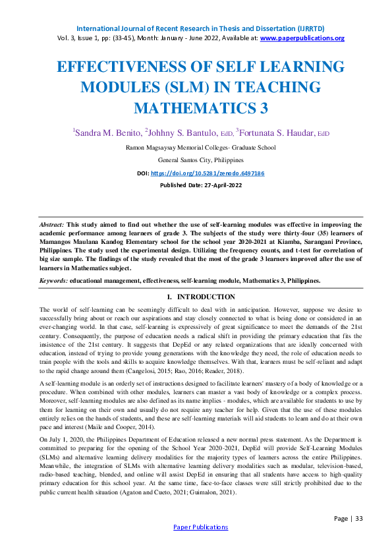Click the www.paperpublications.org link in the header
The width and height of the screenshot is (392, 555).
(302, 38)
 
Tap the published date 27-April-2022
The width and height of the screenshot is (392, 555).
(222, 185)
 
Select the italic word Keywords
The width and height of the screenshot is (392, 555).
(53, 281)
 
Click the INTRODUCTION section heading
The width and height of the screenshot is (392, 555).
(206, 297)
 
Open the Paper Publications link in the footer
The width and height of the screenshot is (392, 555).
(200, 527)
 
